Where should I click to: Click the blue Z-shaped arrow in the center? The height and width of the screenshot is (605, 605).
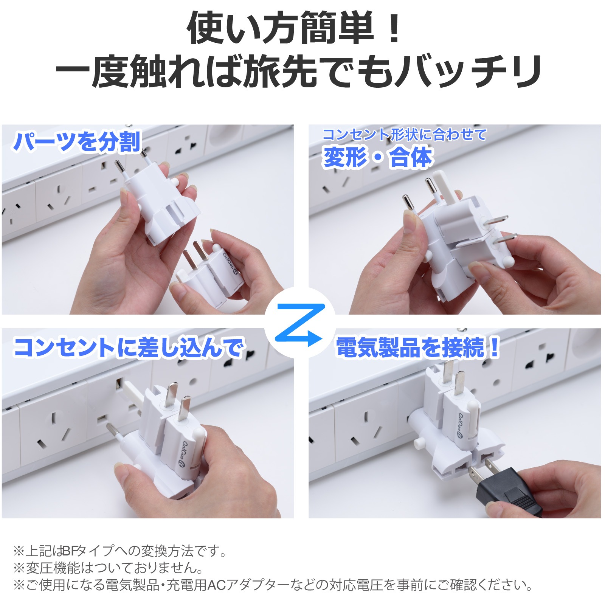pyautogui.click(x=300, y=324)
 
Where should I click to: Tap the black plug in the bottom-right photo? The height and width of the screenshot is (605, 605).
pyautogui.click(x=507, y=490)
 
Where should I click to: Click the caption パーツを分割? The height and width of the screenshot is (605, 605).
pyautogui.click(x=77, y=142)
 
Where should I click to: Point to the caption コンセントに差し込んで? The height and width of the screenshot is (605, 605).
pyautogui.click(x=129, y=347)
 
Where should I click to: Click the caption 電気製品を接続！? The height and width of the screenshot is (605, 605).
pyautogui.click(x=417, y=347)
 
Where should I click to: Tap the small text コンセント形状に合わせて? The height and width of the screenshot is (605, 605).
pyautogui.click(x=404, y=134)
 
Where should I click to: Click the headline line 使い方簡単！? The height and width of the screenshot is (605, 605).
pyautogui.click(x=295, y=28)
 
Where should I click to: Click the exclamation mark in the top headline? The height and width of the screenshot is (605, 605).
pyautogui.click(x=394, y=28)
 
